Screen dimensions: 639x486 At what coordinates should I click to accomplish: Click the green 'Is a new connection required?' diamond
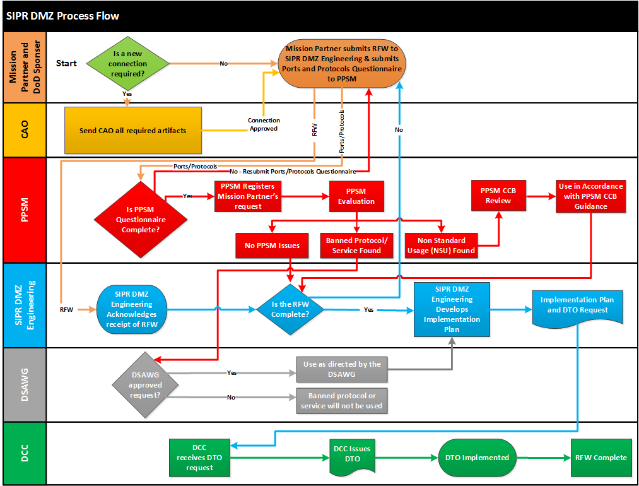tap(127, 63)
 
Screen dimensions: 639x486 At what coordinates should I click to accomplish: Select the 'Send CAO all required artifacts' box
tap(133, 131)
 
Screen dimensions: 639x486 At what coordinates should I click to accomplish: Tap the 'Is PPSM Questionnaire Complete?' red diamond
tap(141, 220)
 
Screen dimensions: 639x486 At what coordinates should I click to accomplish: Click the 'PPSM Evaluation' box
tap(356, 196)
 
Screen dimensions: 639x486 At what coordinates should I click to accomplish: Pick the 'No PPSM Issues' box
tap(272, 246)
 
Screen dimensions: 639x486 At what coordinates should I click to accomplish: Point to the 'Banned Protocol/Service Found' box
tap(356, 246)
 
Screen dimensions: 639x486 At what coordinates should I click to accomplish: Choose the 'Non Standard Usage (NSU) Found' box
tap(441, 246)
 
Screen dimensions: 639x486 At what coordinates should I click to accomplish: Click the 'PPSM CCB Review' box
tap(498, 195)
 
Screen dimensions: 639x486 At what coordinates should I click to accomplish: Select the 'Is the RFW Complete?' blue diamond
tap(290, 309)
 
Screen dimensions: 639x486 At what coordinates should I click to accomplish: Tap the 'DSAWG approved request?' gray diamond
tap(145, 385)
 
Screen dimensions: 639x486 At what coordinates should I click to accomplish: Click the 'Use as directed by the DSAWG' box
tap(341, 369)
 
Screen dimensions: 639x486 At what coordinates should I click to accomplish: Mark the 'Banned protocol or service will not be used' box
tap(341, 401)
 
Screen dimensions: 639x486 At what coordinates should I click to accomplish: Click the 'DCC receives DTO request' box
tap(199, 458)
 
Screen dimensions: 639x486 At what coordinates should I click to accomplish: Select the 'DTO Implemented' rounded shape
tap(477, 458)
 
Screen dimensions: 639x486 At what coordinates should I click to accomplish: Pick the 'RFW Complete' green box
tap(601, 458)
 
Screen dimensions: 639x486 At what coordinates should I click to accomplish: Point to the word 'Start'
tap(66, 63)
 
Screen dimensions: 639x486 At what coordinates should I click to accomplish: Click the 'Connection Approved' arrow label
tap(264, 124)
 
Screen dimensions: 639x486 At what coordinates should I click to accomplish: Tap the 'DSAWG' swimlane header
tap(25, 384)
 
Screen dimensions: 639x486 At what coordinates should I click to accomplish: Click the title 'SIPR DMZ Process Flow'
tap(62, 16)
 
